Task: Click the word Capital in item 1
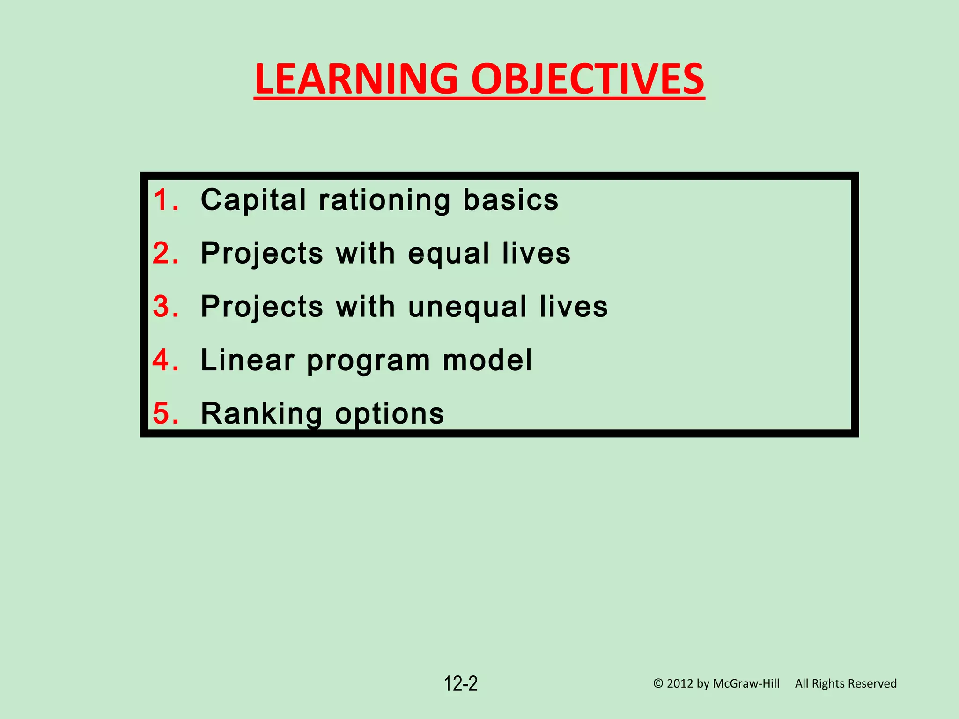[253, 200]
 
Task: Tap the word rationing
[384, 200]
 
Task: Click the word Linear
[248, 360]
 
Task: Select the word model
[487, 360]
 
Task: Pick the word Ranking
[261, 413]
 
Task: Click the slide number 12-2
[461, 684]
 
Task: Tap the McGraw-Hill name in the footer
[746, 684]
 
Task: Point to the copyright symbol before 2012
[658, 684]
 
